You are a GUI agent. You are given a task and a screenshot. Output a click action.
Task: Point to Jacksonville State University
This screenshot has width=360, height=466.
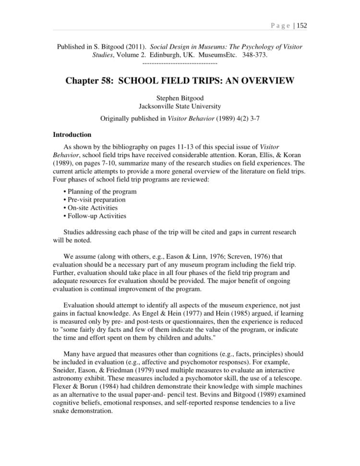pyautogui.click(x=180, y=107)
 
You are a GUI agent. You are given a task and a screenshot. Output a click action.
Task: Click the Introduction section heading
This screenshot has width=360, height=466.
pyautogui.click(x=72, y=135)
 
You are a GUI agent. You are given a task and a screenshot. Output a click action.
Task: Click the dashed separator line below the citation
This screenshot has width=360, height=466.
pyautogui.click(x=180, y=63)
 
